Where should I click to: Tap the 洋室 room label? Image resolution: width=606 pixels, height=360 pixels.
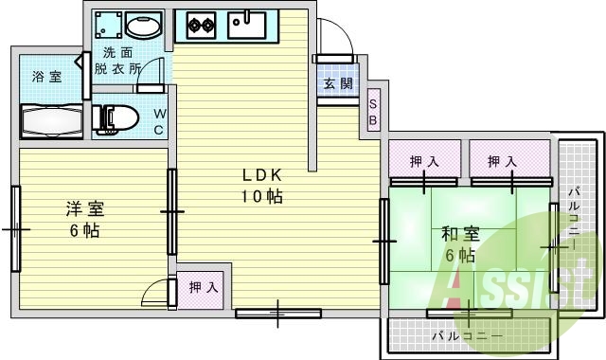point(84,208)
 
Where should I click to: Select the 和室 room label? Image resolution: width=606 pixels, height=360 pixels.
point(459,233)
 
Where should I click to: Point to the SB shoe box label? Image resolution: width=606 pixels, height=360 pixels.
point(373,112)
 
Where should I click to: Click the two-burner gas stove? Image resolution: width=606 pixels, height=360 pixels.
point(202,23)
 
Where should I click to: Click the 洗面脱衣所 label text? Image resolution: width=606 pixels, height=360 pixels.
point(122,61)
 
